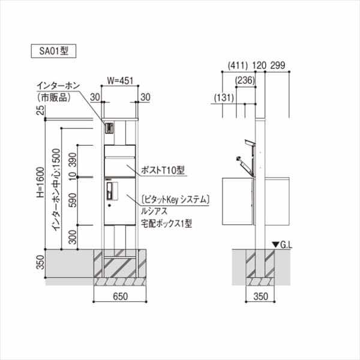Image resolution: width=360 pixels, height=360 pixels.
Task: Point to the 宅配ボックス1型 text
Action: pos(166,221)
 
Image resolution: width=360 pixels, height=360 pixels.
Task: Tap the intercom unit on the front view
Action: pos(109,128)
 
